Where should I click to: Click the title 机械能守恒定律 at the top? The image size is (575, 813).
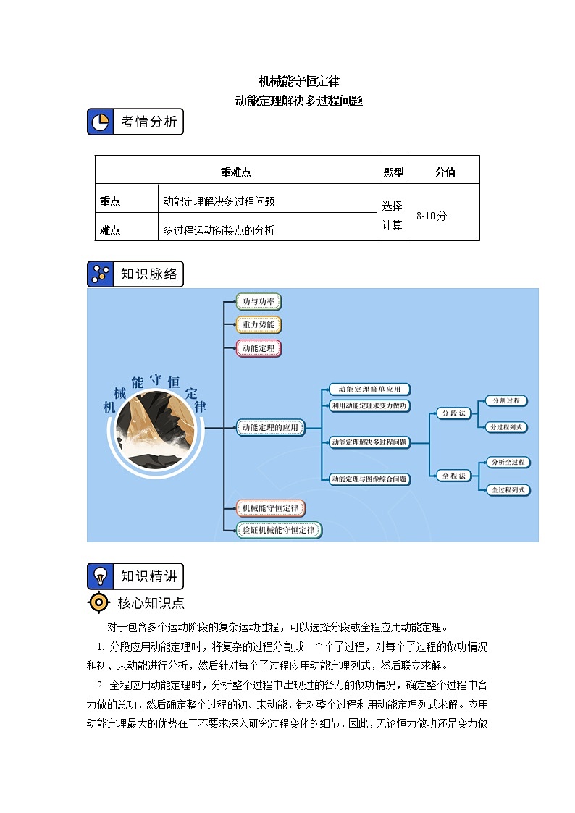click(298, 81)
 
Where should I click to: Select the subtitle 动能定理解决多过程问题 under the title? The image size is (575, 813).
click(298, 101)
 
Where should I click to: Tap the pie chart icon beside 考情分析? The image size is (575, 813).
click(101, 122)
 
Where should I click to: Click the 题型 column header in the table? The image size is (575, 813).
click(393, 172)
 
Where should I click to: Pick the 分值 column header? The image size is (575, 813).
click(445, 172)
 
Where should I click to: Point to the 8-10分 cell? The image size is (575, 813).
click(432, 215)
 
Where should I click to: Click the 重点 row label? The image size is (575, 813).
click(110, 202)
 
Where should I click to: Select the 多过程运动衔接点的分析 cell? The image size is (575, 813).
click(219, 230)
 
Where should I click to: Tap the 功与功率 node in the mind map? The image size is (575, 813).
click(259, 301)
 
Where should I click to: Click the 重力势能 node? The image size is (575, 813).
click(259, 324)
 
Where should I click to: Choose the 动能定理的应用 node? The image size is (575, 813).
click(270, 428)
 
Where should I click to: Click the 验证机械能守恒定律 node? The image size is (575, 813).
click(279, 530)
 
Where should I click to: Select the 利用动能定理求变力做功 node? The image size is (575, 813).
click(369, 405)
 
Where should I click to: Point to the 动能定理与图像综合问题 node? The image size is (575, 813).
click(369, 479)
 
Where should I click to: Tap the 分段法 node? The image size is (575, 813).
click(453, 413)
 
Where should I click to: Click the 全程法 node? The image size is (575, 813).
click(453, 475)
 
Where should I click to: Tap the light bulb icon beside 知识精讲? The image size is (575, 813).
click(101, 576)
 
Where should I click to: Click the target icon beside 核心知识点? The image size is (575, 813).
click(98, 602)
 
